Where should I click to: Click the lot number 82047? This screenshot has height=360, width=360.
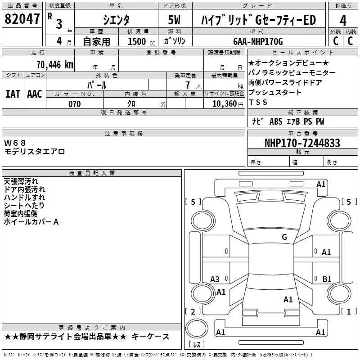(22, 19)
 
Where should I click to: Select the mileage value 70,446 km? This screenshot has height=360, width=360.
(55, 65)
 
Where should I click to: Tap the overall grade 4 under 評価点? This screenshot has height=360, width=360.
(343, 21)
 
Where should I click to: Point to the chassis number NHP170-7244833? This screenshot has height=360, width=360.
(302, 143)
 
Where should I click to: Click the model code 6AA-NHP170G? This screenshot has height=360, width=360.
(258, 41)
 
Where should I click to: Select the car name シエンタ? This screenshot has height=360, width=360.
(116, 20)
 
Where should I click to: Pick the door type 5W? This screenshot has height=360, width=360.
(174, 20)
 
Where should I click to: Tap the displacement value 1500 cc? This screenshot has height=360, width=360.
(141, 42)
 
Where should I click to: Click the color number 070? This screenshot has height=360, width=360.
(75, 104)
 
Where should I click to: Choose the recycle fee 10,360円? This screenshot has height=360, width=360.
(228, 104)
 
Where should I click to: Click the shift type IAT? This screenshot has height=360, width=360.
(13, 94)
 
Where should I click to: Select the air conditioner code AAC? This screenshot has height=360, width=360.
(35, 94)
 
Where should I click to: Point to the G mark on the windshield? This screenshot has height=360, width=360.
(284, 237)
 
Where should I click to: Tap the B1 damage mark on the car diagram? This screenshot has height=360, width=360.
(327, 279)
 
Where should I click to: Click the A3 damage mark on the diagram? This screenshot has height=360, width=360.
(215, 279)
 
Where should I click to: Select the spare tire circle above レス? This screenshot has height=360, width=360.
(197, 329)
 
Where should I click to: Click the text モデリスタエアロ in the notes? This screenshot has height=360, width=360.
(35, 152)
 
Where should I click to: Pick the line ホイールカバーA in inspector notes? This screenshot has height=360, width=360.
(31, 222)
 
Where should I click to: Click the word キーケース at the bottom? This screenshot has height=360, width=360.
(150, 337)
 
